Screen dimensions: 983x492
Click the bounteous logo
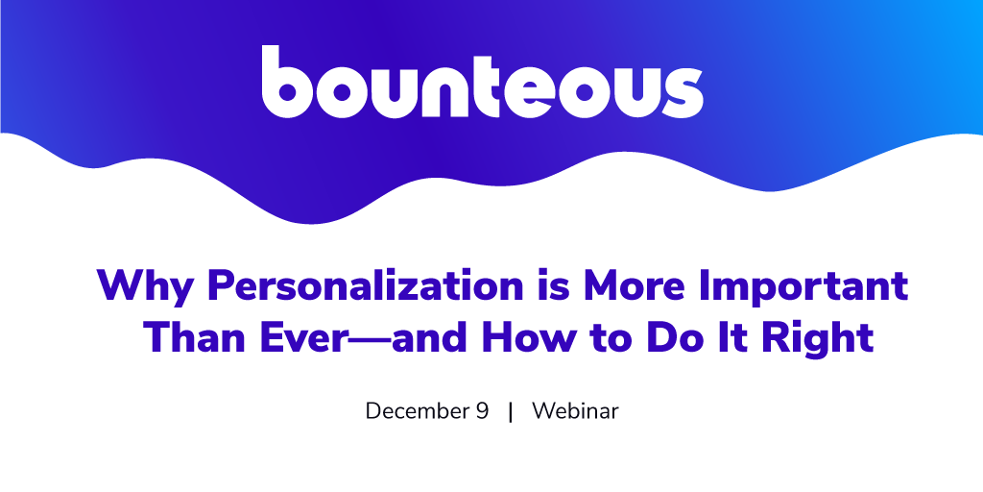coord(482,82)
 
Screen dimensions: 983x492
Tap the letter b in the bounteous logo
coord(286,82)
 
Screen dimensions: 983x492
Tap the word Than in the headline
coord(192,337)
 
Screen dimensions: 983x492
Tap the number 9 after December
coord(480,411)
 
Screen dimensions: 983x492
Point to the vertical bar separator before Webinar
coord(511,411)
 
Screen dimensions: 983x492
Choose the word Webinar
coord(575,411)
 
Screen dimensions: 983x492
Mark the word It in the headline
coord(730,339)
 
